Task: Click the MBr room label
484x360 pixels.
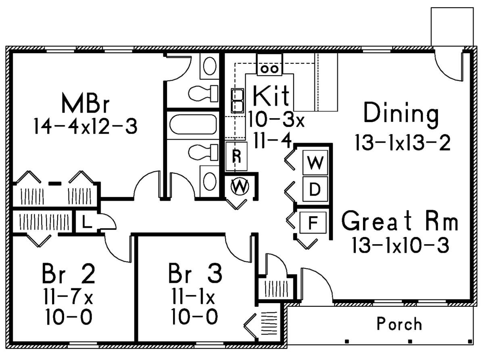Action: (x=86, y=103)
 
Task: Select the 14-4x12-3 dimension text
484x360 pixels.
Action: (x=86, y=126)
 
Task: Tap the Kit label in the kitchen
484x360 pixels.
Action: (x=271, y=96)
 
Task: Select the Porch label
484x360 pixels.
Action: (x=399, y=324)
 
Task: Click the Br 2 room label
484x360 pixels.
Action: (x=69, y=273)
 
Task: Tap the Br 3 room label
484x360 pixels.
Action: (x=195, y=273)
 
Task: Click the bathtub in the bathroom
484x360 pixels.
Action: (x=193, y=125)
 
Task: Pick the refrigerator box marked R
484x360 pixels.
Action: (x=236, y=156)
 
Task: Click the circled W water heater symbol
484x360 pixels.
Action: (x=240, y=186)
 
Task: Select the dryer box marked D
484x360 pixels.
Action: (x=315, y=189)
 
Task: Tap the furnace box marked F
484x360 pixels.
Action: (x=313, y=223)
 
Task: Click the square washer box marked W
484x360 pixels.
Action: (x=315, y=162)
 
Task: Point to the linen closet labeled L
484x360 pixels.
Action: (x=87, y=222)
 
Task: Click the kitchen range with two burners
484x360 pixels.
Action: (x=270, y=65)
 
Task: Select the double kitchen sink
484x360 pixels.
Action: (x=238, y=100)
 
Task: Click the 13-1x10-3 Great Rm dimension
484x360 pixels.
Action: (x=401, y=245)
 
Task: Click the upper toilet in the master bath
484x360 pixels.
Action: (x=203, y=94)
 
